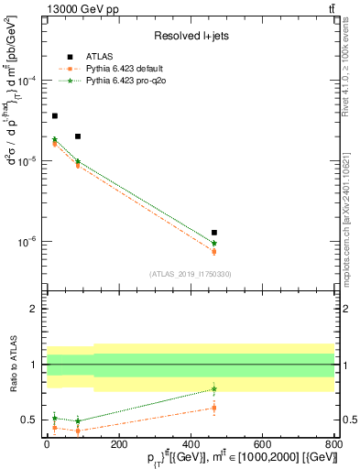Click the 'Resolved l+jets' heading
(x=191, y=36)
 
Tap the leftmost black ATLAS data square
(x=54, y=116)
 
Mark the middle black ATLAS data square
(x=78, y=136)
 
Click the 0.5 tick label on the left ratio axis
(x=32, y=420)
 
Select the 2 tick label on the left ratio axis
(x=36, y=309)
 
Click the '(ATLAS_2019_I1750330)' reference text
(x=191, y=273)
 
